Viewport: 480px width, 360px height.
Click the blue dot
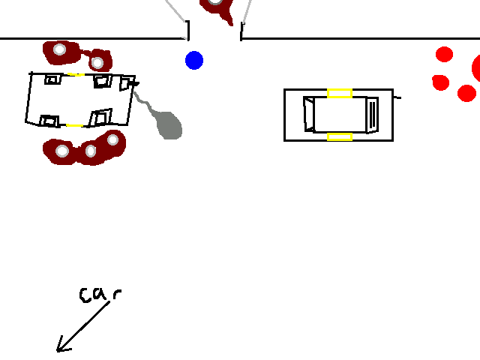194,60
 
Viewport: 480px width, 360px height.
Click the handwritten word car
100,295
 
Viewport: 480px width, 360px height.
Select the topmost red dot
444,55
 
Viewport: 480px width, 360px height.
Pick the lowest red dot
466,93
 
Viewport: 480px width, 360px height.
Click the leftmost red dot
440,82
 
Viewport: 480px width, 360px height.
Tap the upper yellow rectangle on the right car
340,93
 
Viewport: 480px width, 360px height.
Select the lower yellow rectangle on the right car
340,136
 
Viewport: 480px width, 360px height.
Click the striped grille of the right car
373,115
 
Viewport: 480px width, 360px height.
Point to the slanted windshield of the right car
309,114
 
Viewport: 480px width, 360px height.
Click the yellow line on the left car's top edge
76,74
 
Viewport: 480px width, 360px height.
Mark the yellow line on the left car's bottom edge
75,125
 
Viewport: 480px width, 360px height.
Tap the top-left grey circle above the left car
60,49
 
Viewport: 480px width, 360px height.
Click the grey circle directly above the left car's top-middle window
97,63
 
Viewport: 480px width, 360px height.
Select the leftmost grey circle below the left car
62,151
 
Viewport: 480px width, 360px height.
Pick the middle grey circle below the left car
91,151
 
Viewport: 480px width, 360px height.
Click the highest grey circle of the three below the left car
113,140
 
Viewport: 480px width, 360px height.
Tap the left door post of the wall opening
187,30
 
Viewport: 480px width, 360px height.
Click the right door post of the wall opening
241,31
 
